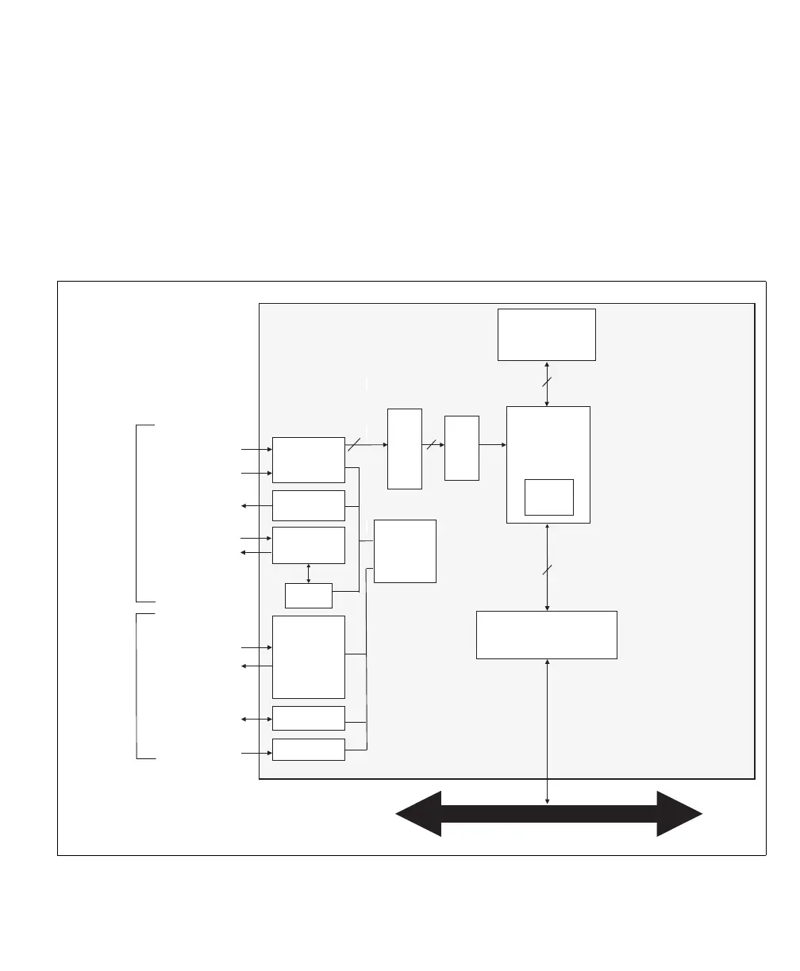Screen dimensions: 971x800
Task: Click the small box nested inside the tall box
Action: (x=548, y=497)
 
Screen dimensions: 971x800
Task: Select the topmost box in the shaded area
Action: (x=546, y=335)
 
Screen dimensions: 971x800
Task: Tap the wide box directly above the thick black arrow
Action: (x=546, y=635)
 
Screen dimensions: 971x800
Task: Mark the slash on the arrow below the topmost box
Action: (x=547, y=383)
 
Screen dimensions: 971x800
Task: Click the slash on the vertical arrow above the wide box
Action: (x=547, y=569)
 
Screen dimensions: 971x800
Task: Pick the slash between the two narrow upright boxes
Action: (x=433, y=444)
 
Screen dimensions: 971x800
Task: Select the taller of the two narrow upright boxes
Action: (x=404, y=449)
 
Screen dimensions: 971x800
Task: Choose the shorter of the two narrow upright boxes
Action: (x=461, y=447)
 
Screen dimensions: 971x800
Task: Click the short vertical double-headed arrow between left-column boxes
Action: (x=308, y=574)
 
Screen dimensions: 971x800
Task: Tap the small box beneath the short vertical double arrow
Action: (x=308, y=595)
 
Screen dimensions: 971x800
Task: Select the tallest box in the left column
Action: (x=308, y=657)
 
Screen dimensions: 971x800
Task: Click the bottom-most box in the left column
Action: (x=308, y=749)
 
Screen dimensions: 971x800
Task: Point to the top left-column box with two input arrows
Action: (x=308, y=459)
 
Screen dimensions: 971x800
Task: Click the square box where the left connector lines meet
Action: (x=405, y=551)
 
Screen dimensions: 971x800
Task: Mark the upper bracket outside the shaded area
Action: (x=138, y=513)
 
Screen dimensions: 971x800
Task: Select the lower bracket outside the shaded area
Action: (x=138, y=686)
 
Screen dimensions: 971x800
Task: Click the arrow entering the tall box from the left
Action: (x=492, y=444)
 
